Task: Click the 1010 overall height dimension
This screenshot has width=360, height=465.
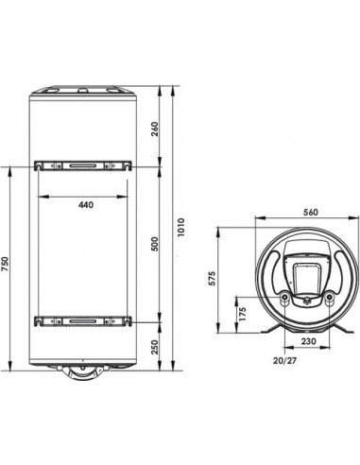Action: click(180, 227)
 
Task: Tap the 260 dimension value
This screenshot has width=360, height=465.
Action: click(155, 129)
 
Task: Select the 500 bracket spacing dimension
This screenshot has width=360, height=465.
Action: click(155, 244)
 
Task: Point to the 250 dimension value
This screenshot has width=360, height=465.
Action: click(155, 347)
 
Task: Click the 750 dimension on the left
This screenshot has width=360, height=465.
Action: click(6, 264)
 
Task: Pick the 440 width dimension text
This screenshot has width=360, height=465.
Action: click(86, 205)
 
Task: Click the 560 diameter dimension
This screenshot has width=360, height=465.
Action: click(311, 213)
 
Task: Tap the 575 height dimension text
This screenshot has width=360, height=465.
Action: click(213, 278)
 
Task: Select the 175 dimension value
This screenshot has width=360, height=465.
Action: click(242, 314)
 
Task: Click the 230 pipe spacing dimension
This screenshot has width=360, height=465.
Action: click(308, 341)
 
